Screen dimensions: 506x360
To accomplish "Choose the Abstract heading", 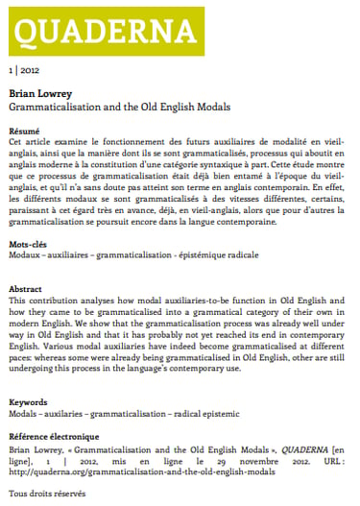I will pos(26,288).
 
